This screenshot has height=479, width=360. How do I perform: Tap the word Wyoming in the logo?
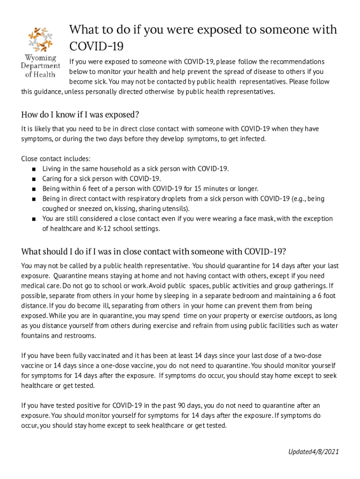pyautogui.click(x=41, y=58)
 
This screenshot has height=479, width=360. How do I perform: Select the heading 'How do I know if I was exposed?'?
pyautogui.click(x=80, y=115)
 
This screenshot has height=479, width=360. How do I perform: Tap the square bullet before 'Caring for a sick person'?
pyautogui.click(x=34, y=179)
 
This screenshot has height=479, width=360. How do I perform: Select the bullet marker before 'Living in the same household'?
pyautogui.click(x=34, y=169)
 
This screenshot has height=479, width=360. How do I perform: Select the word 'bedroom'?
pyautogui.click(x=242, y=296)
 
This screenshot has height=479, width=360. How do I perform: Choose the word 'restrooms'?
pyautogui.click(x=81, y=335)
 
